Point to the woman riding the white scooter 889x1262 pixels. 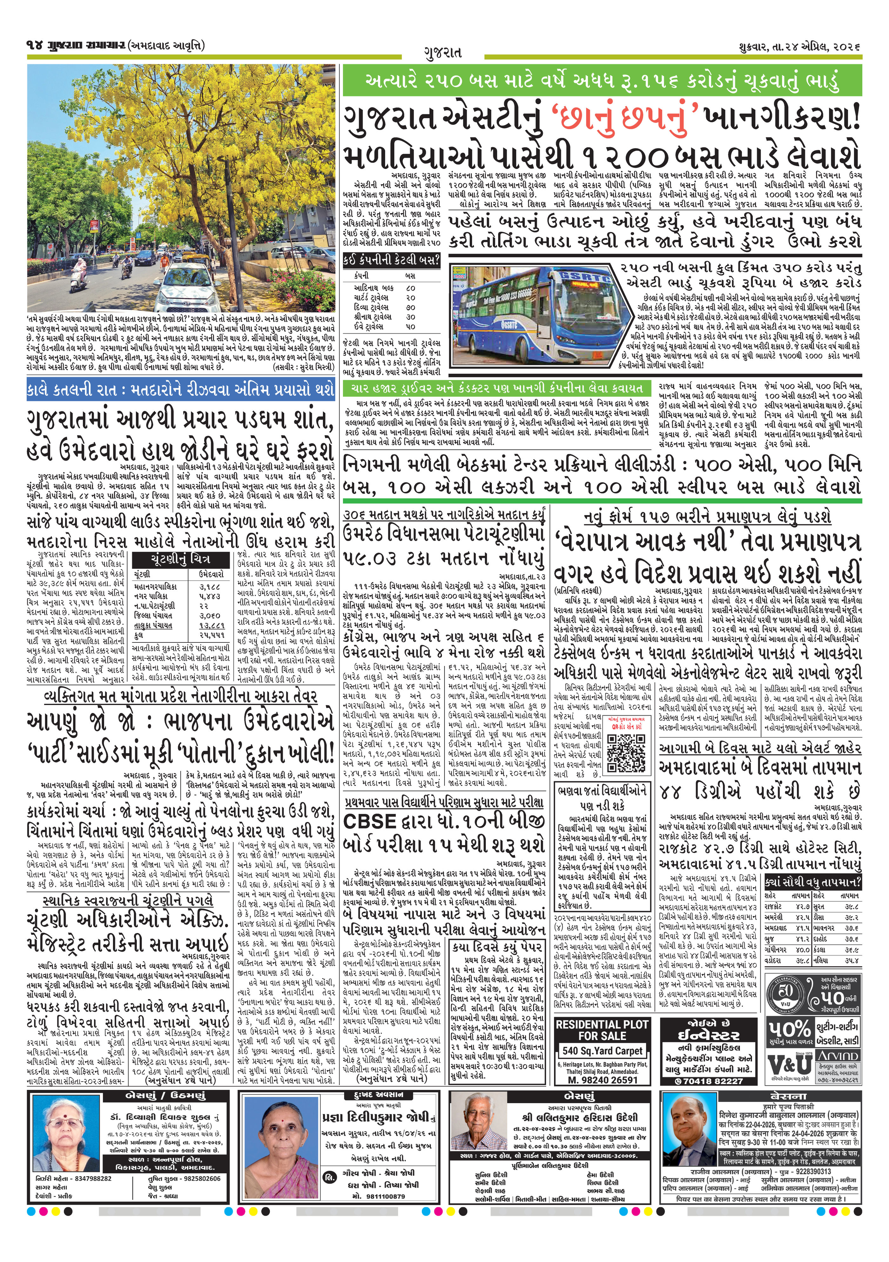click(81, 273)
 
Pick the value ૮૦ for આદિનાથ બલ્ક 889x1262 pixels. click(410, 287)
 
